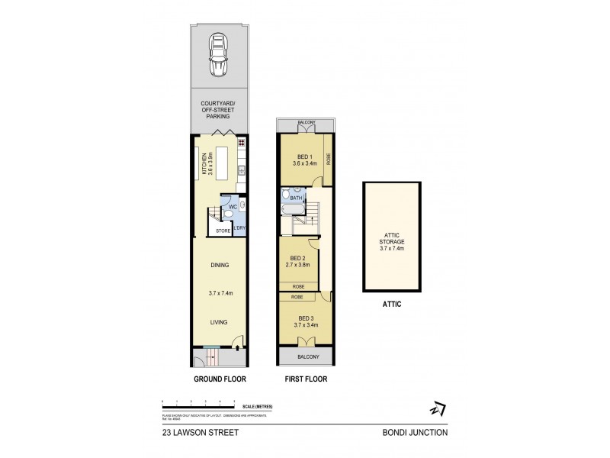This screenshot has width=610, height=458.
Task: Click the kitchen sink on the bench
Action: click(x=240, y=170)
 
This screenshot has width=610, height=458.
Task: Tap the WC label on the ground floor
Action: click(x=232, y=208)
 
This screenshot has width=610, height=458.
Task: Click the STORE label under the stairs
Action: click(x=223, y=230)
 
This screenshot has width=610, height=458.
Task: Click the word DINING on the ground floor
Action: click(x=220, y=265)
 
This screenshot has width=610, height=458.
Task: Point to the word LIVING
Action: click(x=220, y=322)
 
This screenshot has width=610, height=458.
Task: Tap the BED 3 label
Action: click(x=306, y=318)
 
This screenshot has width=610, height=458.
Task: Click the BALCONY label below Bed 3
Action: click(x=306, y=356)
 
